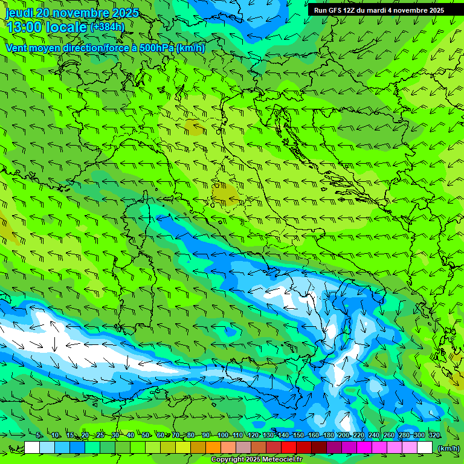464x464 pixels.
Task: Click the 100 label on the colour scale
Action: [222, 435]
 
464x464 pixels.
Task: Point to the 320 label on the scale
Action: [434, 435]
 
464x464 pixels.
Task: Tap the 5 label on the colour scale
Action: [39, 435]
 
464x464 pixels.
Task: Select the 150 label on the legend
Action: [298, 435]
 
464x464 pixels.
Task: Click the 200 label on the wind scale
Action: [343, 435]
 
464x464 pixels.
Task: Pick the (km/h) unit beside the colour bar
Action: [448, 448]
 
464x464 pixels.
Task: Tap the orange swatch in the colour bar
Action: [213, 448]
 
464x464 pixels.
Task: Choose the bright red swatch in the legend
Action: [289, 448]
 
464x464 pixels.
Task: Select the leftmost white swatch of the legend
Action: [32, 448]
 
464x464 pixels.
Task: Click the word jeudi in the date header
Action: [20, 13]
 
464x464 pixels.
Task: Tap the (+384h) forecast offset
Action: [108, 27]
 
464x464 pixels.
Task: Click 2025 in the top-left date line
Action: [121, 13]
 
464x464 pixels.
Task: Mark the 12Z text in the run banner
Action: [349, 10]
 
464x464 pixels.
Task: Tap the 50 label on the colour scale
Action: [146, 435]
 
